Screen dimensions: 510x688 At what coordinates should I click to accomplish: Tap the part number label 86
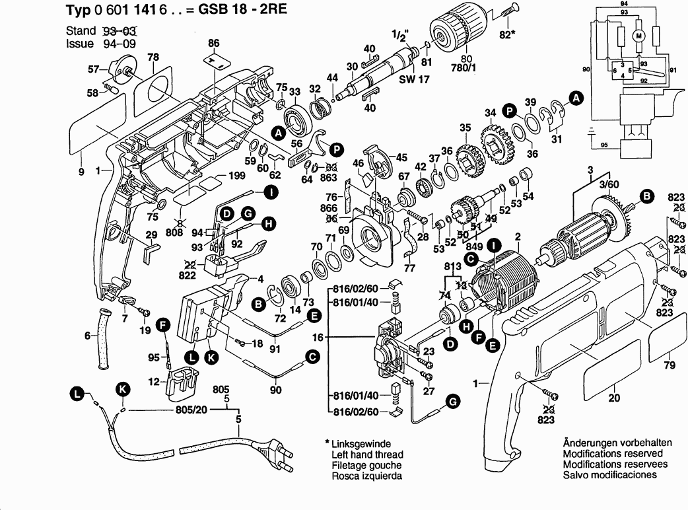213,44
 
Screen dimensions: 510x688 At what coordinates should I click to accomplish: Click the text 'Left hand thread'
367,455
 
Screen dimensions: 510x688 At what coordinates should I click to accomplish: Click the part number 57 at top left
94,69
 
